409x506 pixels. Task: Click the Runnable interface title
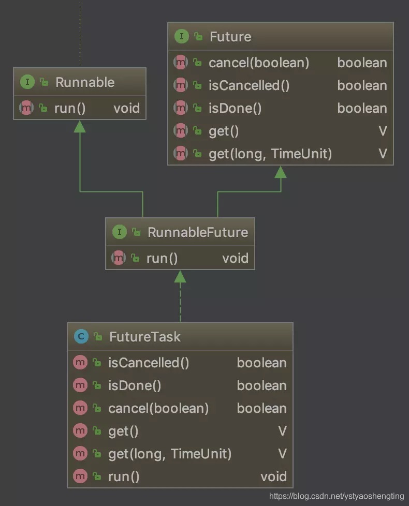tap(85, 82)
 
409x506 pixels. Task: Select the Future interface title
tap(230, 37)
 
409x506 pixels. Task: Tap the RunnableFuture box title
tap(198, 232)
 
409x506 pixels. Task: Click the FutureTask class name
tap(144, 337)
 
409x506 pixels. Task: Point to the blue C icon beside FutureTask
tap(80, 337)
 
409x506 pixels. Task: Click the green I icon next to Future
tap(181, 37)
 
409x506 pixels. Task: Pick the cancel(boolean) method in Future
tap(259, 63)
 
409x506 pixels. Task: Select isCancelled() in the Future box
tap(249, 86)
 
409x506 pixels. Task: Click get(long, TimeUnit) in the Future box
tap(270, 154)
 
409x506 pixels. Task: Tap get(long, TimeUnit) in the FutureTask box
tap(170, 454)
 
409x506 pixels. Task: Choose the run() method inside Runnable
tap(70, 108)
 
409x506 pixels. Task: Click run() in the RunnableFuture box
tap(162, 258)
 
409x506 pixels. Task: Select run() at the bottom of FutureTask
tap(124, 477)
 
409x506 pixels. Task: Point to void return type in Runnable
tap(126, 108)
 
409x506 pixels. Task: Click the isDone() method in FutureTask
tap(135, 385)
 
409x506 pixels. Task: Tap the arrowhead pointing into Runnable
tap(80, 126)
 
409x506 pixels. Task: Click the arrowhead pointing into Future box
tap(281, 172)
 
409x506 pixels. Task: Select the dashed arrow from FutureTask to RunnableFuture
tap(180, 303)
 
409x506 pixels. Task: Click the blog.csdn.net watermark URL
tap(337, 496)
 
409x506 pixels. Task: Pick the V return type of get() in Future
tap(383, 131)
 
